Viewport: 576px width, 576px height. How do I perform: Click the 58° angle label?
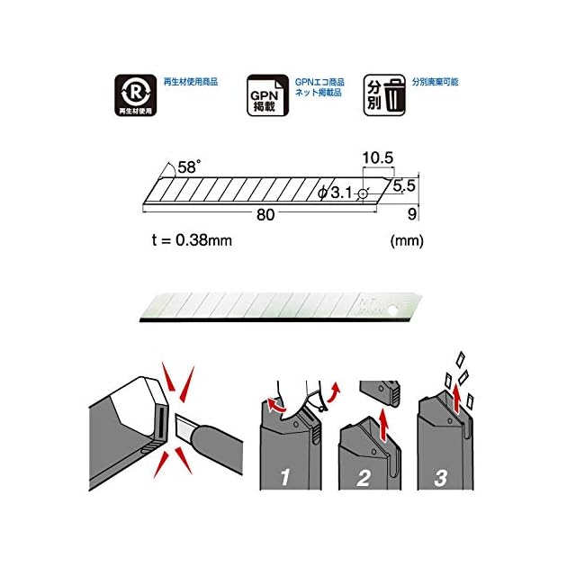[189, 166]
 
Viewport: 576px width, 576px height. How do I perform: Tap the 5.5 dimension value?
[405, 186]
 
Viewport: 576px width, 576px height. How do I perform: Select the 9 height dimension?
[412, 214]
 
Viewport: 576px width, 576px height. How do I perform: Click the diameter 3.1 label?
[336, 193]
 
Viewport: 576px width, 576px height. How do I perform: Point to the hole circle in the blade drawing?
[362, 193]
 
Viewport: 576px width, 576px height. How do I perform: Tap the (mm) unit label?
[407, 241]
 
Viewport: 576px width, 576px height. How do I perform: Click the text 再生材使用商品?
[190, 82]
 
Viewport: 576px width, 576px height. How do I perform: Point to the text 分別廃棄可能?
[435, 82]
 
